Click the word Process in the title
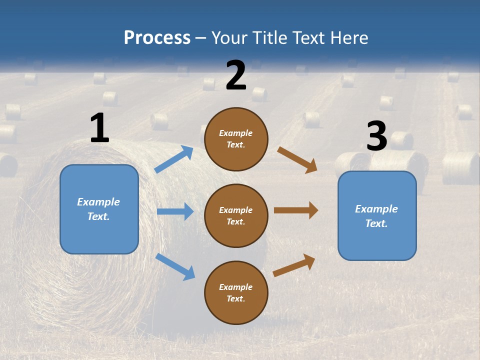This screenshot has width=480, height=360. click(157, 37)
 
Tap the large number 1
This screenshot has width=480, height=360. click(99, 128)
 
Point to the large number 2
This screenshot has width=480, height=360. click(236, 75)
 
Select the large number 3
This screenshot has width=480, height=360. click(376, 136)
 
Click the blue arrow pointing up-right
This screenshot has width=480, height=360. click(174, 159)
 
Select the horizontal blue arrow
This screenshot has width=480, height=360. click(175, 211)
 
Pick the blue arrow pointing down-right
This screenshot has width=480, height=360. click(175, 266)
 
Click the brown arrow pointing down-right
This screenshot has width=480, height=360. click(297, 160)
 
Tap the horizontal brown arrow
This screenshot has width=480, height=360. click(296, 210)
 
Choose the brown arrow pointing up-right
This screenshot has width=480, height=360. click(294, 265)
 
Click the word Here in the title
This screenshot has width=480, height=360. click(348, 37)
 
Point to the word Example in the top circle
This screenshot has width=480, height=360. click(235, 133)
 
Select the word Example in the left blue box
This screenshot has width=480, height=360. click(98, 202)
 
